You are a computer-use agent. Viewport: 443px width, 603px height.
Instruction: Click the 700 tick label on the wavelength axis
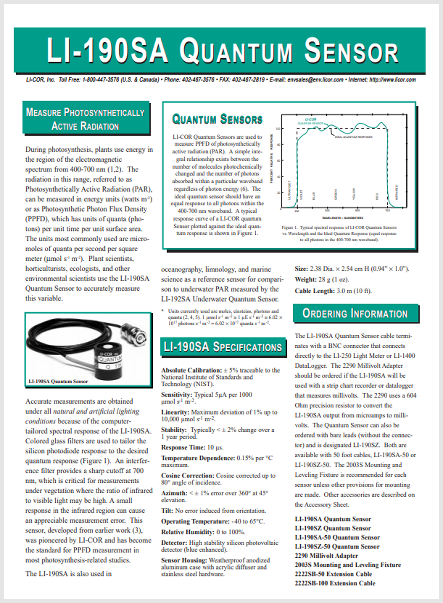tap(387, 211)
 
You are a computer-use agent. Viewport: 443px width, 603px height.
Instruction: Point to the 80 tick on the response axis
tap(279, 145)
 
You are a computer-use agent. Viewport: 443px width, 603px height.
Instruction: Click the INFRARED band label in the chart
tap(397, 192)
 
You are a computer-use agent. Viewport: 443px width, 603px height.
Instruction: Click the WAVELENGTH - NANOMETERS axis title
tap(343, 218)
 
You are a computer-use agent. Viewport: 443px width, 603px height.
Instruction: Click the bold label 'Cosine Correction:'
tap(187, 475)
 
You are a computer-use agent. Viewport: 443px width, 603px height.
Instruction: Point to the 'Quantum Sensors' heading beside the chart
tap(217, 119)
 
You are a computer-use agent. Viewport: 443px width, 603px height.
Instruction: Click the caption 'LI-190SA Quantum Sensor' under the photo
tap(58, 381)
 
